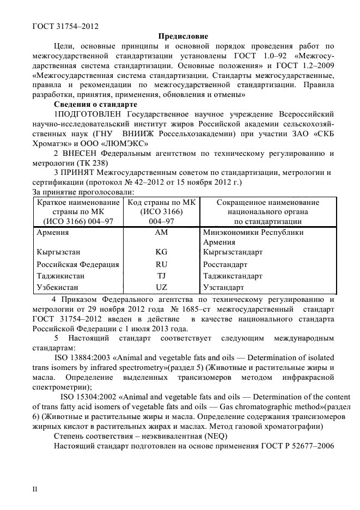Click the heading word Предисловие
[x=180, y=37]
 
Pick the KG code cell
[x=161, y=252]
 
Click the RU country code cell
[x=161, y=264]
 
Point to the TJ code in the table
[x=161, y=276]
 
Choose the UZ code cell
[x=161, y=287]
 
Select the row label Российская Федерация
[x=77, y=264]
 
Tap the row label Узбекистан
[x=57, y=287]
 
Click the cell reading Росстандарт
[x=225, y=264]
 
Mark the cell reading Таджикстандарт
[x=232, y=276]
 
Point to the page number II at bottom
[x=36, y=489]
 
